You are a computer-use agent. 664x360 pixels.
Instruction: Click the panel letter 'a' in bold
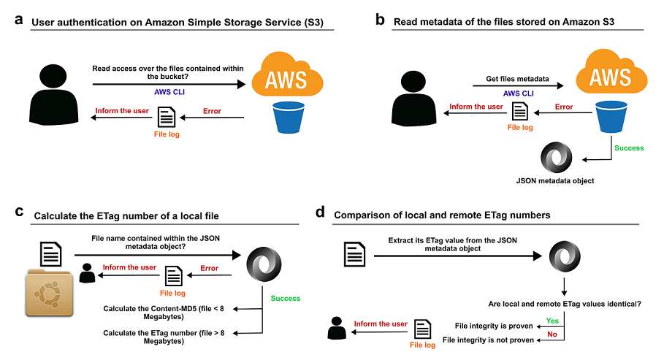click(19, 20)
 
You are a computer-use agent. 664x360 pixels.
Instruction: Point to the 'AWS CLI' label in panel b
click(518, 93)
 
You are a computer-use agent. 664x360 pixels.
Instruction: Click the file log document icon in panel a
click(166, 116)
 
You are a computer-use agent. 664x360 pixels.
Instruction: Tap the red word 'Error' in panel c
click(209, 268)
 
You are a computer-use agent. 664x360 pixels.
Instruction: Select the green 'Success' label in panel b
click(629, 148)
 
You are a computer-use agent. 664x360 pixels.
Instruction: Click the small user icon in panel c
click(88, 272)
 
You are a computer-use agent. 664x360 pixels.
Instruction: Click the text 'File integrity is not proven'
click(489, 340)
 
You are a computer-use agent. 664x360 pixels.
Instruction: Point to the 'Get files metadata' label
click(517, 79)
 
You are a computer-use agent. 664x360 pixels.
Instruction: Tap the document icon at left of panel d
click(356, 256)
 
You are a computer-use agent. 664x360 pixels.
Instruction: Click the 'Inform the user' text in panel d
click(381, 323)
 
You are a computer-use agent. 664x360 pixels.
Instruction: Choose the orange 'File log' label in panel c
click(172, 293)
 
